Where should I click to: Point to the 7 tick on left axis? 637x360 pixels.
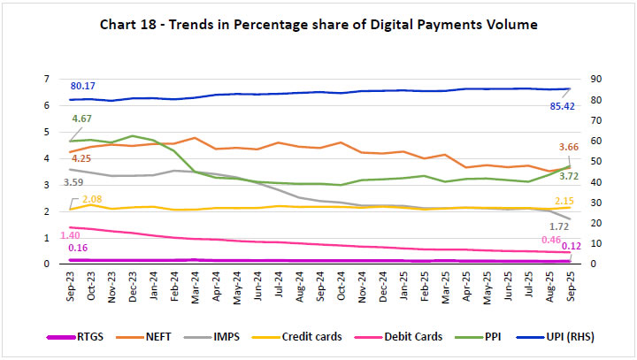tap(58, 79)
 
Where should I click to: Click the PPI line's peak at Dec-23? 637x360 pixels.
tap(132, 136)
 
